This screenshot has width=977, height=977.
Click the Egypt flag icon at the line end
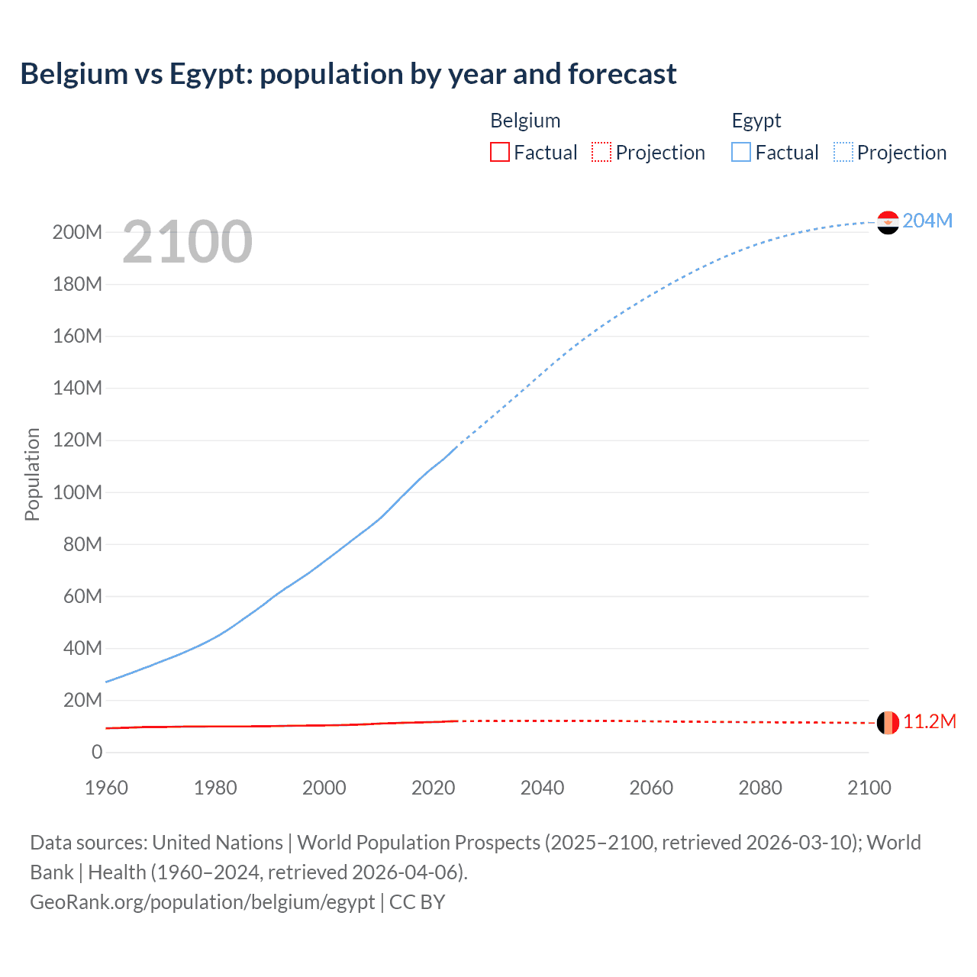888,222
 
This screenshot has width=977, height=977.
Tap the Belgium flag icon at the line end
888,722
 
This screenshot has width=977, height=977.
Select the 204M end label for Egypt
927,221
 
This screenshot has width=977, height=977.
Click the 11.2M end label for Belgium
929,722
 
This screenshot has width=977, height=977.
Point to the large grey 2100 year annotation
187,242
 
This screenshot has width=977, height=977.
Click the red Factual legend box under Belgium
499,152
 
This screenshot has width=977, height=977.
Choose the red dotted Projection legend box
601,152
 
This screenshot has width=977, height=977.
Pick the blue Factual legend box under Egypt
741,152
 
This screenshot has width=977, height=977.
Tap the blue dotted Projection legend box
843,152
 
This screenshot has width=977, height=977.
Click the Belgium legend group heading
525,121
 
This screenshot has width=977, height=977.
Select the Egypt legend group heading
756,121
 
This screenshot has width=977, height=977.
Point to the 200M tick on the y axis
77,232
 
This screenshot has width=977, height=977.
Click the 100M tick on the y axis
77,492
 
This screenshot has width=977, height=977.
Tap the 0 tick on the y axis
97,752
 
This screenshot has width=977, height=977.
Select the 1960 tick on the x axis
106,788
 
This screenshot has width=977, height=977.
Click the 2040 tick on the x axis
542,788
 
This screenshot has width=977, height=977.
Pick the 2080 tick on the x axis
760,788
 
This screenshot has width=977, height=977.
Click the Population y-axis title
32,474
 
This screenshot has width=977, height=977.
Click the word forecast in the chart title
622,74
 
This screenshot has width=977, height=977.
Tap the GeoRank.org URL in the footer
202,902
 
